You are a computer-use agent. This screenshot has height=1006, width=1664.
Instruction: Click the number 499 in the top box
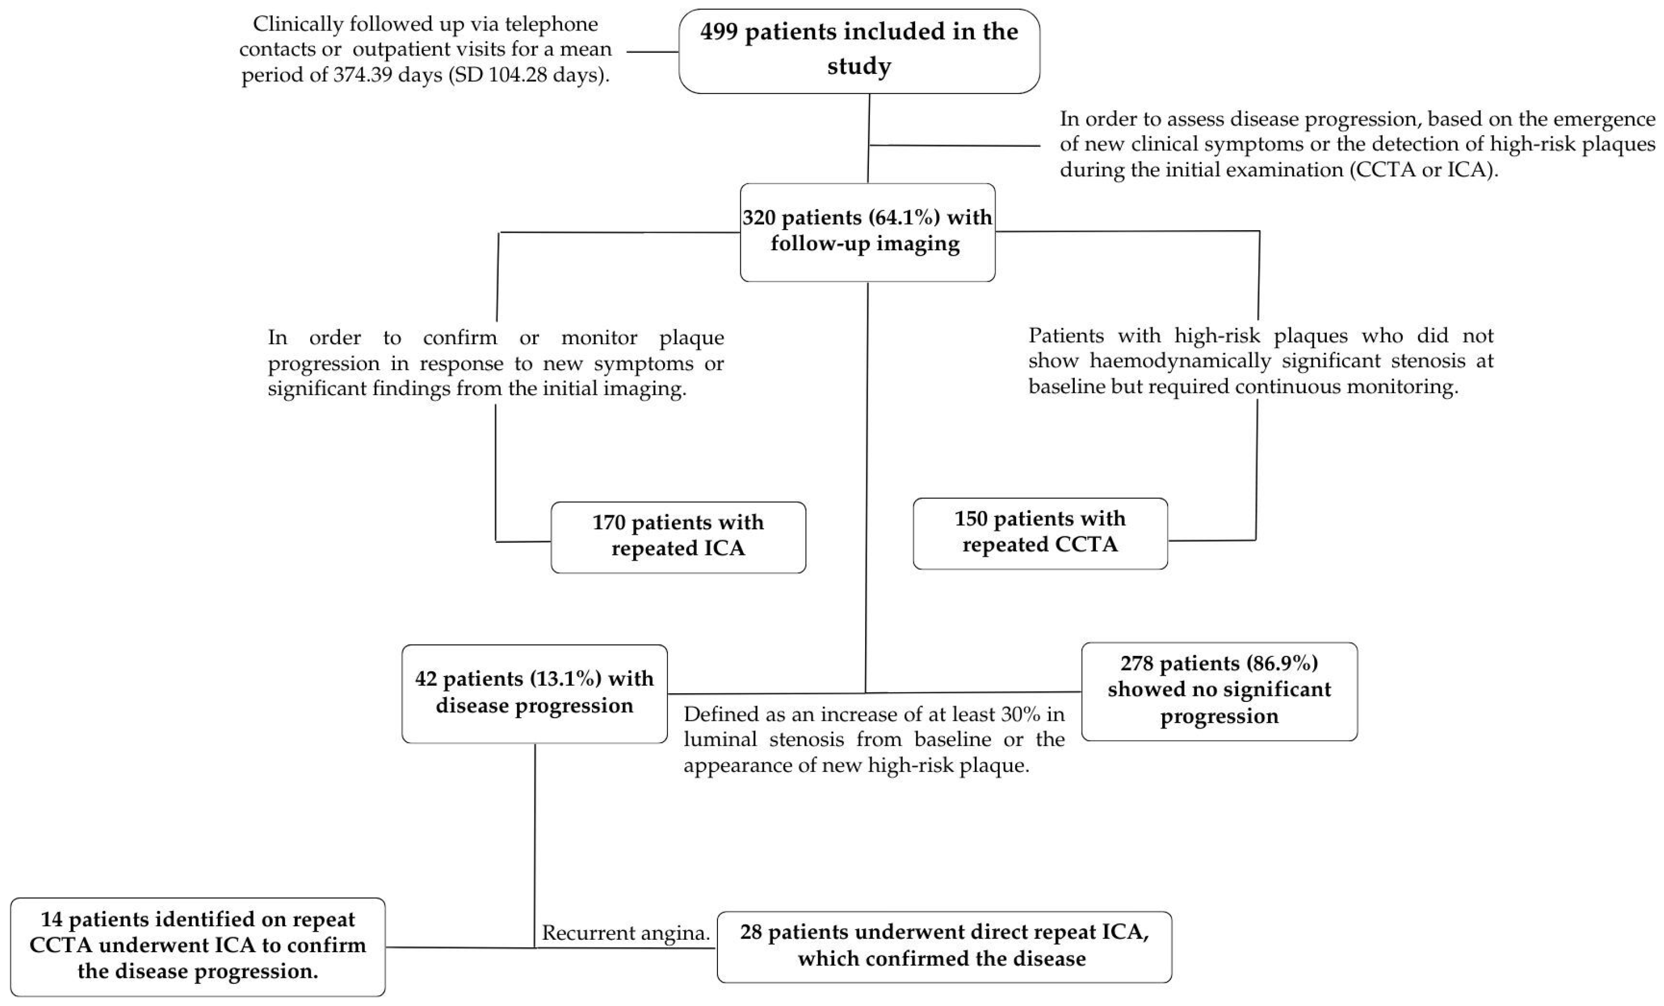(x=718, y=31)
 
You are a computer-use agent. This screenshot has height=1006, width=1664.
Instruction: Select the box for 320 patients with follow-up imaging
(x=867, y=232)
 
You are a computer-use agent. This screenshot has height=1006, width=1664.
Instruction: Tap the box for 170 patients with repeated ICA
(x=678, y=537)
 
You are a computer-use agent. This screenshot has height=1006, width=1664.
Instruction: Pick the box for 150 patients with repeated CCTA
(x=1040, y=533)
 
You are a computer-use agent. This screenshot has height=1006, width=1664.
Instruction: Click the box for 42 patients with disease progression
(x=534, y=693)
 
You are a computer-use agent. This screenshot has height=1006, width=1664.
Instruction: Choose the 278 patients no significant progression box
(x=1219, y=691)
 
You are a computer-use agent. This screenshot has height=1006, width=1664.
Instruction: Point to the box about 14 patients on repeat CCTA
(x=198, y=945)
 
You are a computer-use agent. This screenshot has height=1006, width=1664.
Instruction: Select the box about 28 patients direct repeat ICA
(x=943, y=946)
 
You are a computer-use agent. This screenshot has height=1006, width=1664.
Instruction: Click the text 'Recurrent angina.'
(x=625, y=933)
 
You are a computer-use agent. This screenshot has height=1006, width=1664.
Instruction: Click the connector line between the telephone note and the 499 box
(x=652, y=52)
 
